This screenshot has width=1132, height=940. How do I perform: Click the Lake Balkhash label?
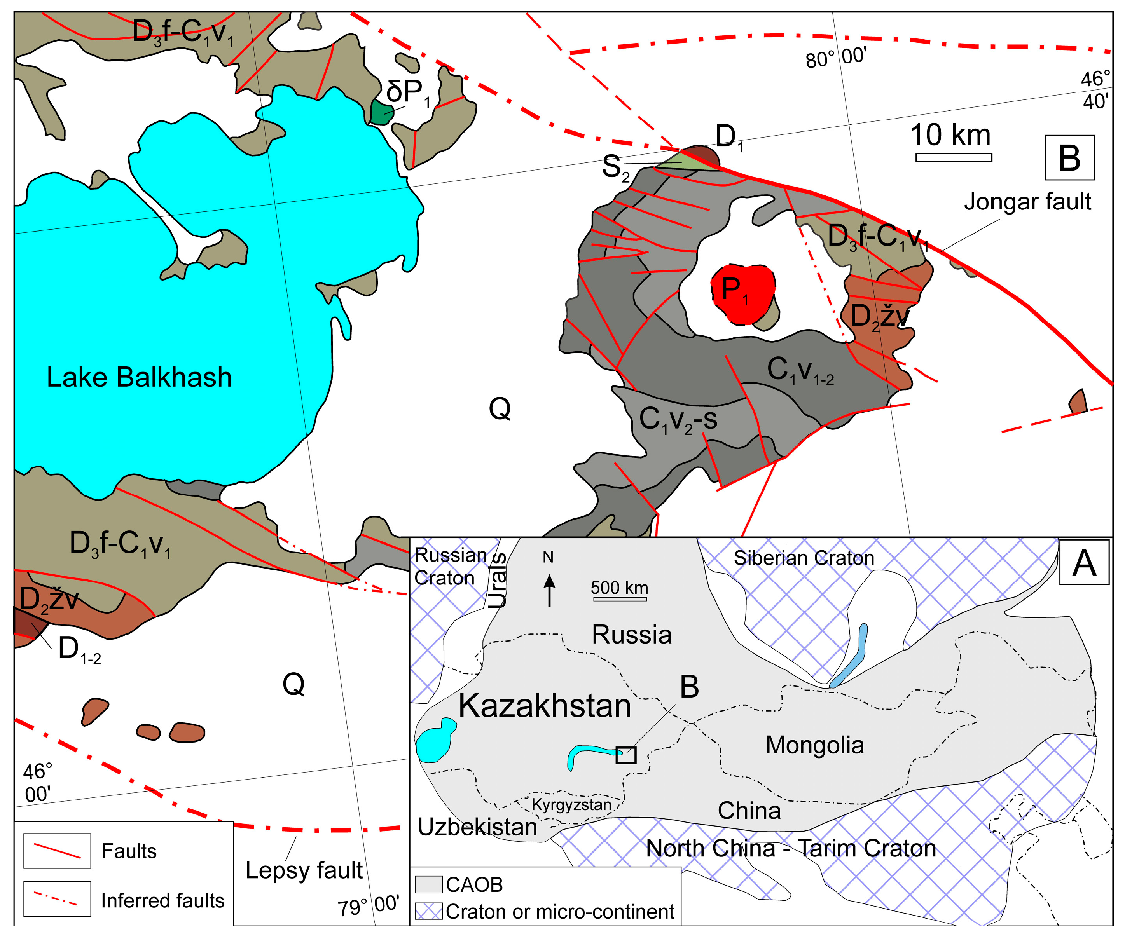139,377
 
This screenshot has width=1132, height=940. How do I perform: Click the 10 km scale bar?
953,157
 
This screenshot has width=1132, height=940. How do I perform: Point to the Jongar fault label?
1027,202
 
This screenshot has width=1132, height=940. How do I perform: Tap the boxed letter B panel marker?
1069,157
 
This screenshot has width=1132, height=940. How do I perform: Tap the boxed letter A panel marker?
1084,563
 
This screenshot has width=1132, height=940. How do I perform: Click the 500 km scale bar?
619,599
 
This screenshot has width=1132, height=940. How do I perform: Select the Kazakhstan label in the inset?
545,706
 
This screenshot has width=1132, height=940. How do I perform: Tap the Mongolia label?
814,745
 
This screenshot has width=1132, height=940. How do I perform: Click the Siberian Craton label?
804,558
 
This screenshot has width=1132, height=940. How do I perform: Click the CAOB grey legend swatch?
428,884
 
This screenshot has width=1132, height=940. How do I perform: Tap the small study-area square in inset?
626,755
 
